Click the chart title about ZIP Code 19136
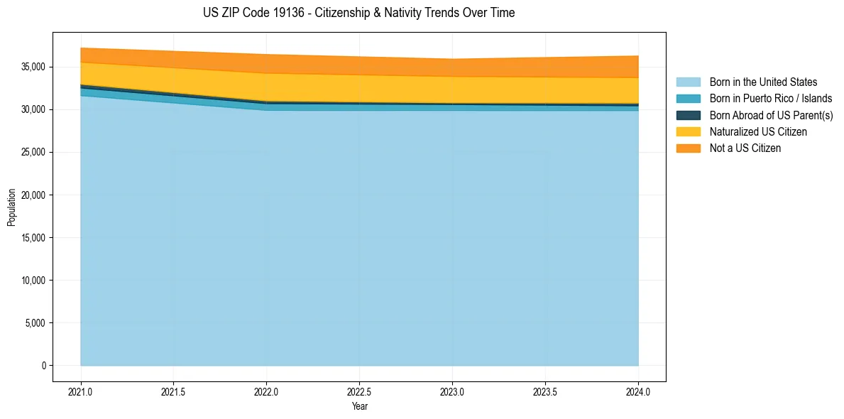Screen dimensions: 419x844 [x=358, y=13]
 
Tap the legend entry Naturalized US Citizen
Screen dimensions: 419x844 [x=758, y=131]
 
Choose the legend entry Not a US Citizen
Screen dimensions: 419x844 [x=745, y=148]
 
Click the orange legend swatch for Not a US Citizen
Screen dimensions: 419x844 [x=688, y=148]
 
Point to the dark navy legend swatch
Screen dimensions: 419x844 [x=688, y=115]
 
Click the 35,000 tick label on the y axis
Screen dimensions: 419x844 [x=33, y=67]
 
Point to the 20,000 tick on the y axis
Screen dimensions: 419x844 [x=33, y=195]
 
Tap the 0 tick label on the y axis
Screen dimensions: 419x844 [x=44, y=366]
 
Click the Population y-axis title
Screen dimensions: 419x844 [x=11, y=207]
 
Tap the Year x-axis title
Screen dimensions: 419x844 [x=359, y=406]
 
